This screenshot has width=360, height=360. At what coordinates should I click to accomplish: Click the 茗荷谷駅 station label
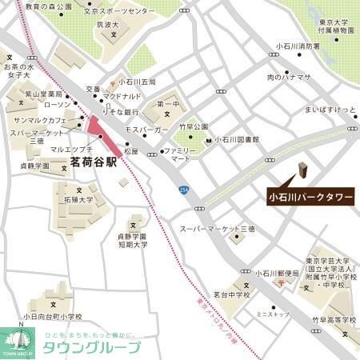point(94,162)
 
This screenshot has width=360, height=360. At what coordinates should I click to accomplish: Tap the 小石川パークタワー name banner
point(309,194)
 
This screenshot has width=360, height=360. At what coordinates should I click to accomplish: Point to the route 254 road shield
point(184,189)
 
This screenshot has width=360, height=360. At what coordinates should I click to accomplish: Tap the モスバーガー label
point(145,128)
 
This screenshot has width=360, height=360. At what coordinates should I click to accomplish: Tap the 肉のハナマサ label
point(288,77)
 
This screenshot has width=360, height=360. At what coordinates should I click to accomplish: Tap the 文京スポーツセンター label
point(119,12)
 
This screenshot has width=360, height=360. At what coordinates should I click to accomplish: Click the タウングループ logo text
point(91,347)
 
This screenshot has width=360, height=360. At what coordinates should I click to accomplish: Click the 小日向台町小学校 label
point(53,317)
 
